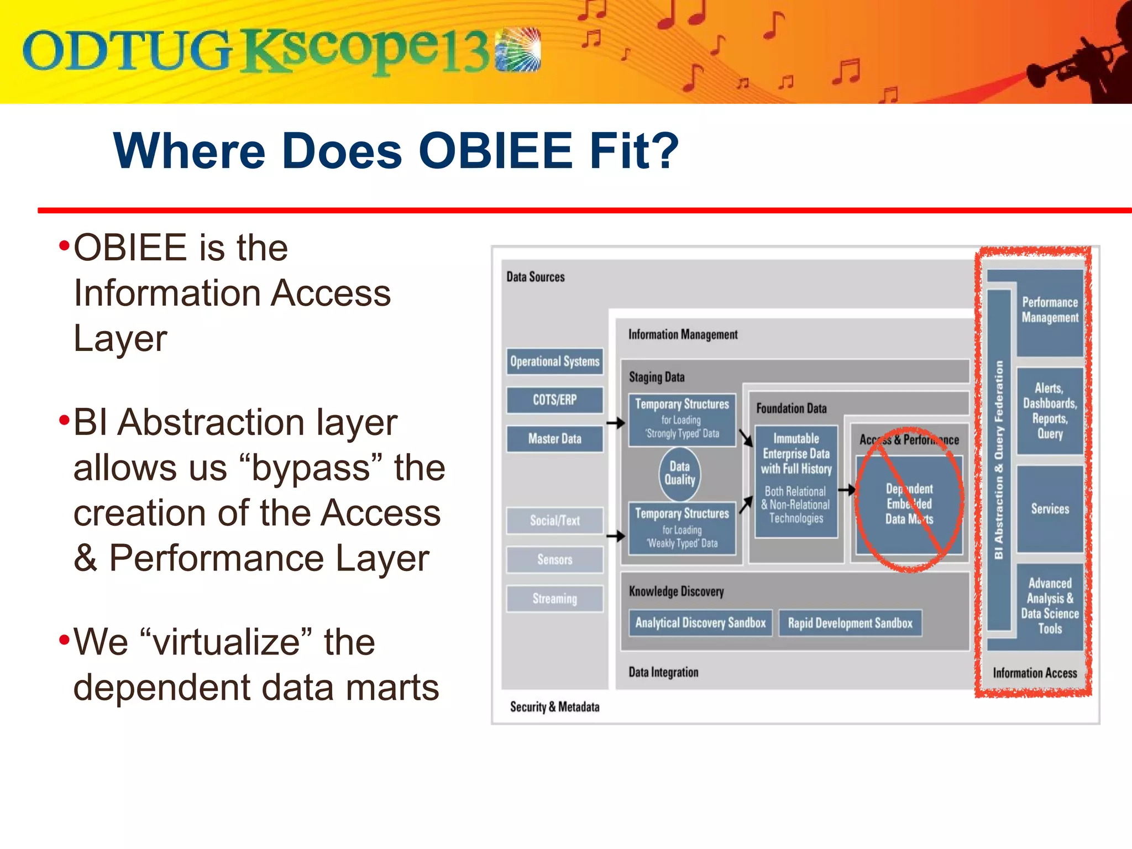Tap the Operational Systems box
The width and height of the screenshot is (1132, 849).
(554, 361)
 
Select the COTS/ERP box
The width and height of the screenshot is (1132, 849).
(554, 400)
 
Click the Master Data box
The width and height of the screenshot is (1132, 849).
(554, 439)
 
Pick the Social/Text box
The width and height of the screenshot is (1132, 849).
(554, 521)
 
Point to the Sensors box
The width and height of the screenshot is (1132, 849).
(554, 559)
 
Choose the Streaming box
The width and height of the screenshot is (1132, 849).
(554, 599)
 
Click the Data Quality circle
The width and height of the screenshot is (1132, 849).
(679, 474)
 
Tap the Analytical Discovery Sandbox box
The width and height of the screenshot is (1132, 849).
(700, 623)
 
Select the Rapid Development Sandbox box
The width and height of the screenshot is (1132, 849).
(850, 623)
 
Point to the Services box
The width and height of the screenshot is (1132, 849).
(1050, 509)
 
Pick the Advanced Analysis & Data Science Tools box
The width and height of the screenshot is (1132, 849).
(1050, 606)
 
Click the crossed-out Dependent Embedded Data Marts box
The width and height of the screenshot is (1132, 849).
(909, 503)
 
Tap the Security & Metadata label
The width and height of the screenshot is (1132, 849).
(554, 707)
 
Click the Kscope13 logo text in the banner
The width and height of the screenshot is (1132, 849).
(365, 51)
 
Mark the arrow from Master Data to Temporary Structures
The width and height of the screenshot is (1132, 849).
(615, 423)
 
